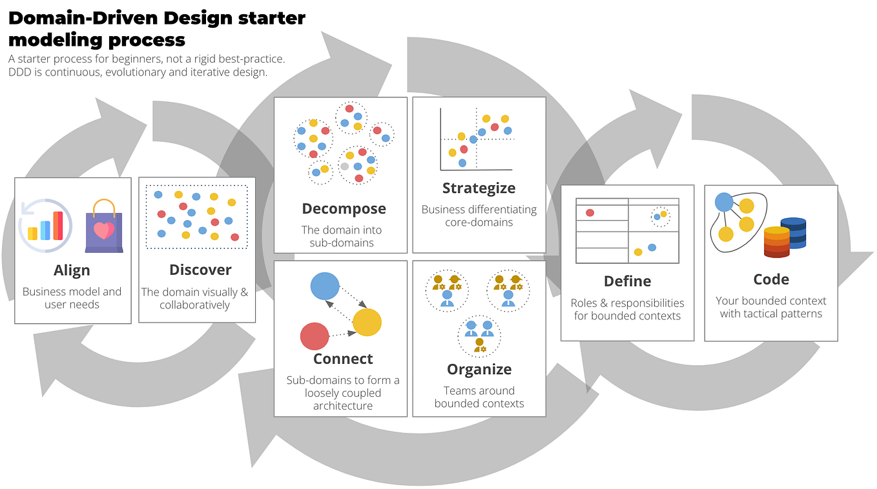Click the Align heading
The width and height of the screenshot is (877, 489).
[72, 270]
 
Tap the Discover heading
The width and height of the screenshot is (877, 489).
[200, 270]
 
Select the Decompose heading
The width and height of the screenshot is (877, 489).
[344, 209]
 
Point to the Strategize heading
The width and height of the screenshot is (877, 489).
[479, 188]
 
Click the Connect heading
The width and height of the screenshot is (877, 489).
[343, 359]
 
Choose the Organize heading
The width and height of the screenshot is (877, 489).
[479, 369]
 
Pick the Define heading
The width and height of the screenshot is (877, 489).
[627, 281]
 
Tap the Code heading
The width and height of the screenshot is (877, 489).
[771, 279]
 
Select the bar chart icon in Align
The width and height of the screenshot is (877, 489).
[45, 226]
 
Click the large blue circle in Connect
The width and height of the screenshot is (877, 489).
[325, 286]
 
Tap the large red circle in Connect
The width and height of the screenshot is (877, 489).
[315, 336]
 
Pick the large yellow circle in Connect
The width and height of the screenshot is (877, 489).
[367, 323]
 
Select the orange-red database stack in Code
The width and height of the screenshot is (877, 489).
[776, 242]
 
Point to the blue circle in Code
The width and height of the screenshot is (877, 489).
[724, 203]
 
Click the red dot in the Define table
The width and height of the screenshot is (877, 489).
[590, 212]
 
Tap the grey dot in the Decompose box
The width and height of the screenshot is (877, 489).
[344, 166]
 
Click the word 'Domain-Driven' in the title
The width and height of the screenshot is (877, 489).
[79, 18]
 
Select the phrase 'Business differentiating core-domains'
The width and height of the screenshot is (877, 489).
[479, 215]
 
